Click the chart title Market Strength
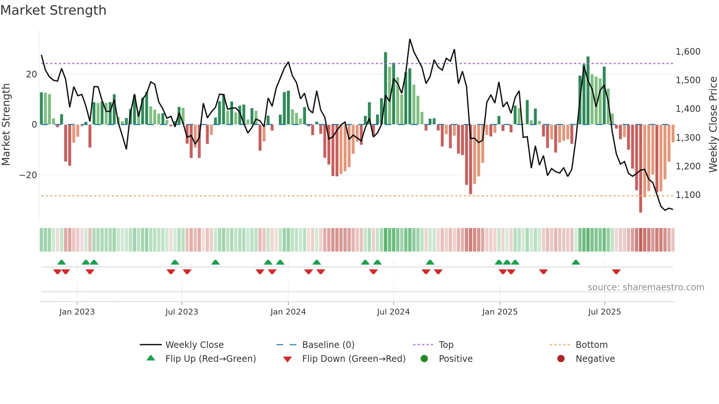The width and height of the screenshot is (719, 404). pyautogui.click(x=53, y=10)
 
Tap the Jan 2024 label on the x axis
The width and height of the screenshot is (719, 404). pyautogui.click(x=288, y=312)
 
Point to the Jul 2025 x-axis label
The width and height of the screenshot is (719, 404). pyautogui.click(x=604, y=312)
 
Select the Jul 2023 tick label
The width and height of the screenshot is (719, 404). pyautogui.click(x=182, y=312)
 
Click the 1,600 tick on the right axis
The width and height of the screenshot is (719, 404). pyautogui.click(x=688, y=52)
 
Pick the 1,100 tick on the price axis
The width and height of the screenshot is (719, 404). pyautogui.click(x=688, y=195)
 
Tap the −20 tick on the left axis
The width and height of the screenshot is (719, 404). pyautogui.click(x=28, y=175)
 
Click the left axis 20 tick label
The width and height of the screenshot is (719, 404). pyautogui.click(x=32, y=74)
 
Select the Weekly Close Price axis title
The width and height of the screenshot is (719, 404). pyautogui.click(x=713, y=125)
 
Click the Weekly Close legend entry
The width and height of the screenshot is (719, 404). pyautogui.click(x=194, y=345)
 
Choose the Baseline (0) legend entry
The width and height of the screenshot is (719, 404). pyautogui.click(x=328, y=345)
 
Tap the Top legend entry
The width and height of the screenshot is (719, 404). pyautogui.click(x=446, y=345)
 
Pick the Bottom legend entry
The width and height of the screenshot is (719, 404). pyautogui.click(x=591, y=345)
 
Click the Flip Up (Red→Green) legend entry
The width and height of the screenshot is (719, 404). pyautogui.click(x=210, y=359)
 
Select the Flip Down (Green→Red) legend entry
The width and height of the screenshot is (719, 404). pyautogui.click(x=354, y=359)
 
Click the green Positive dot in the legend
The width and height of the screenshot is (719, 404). pyautogui.click(x=424, y=359)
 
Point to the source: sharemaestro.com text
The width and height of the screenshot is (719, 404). pyautogui.click(x=646, y=287)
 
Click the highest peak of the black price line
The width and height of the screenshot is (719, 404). pyautogui.click(x=410, y=39)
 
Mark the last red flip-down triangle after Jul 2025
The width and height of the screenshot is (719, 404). pyautogui.click(x=616, y=272)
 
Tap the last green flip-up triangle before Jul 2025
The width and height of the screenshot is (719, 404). pyautogui.click(x=576, y=262)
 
